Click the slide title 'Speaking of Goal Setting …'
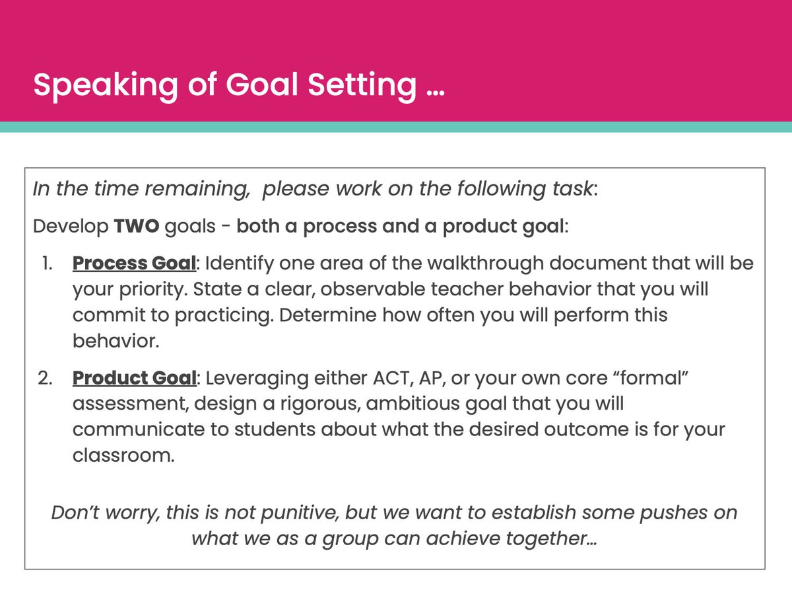click(x=239, y=85)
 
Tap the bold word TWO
click(x=136, y=227)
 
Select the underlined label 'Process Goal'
click(x=134, y=264)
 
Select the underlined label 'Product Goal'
click(x=134, y=379)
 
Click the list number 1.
click(x=47, y=264)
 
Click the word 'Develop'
click(x=70, y=227)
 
